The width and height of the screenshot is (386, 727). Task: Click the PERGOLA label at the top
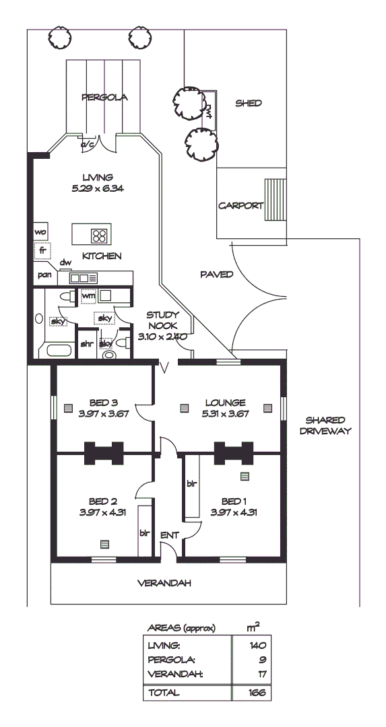coord(104,97)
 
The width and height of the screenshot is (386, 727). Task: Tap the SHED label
coord(248,103)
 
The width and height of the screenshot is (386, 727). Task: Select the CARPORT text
coord(240,206)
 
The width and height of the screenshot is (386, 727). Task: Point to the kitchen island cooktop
coord(100,235)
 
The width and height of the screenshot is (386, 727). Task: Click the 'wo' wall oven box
coord(40,232)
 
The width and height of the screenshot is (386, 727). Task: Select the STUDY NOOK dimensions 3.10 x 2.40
coord(162,336)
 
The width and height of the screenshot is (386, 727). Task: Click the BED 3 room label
coord(103,403)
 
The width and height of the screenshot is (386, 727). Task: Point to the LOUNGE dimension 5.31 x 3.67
coord(225,413)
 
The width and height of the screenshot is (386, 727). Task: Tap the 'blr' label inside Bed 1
coord(191,483)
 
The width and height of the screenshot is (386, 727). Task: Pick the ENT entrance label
coord(168,535)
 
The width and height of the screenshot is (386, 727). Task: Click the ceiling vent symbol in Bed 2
coord(104,544)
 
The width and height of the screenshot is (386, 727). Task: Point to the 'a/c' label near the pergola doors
coord(87,144)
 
